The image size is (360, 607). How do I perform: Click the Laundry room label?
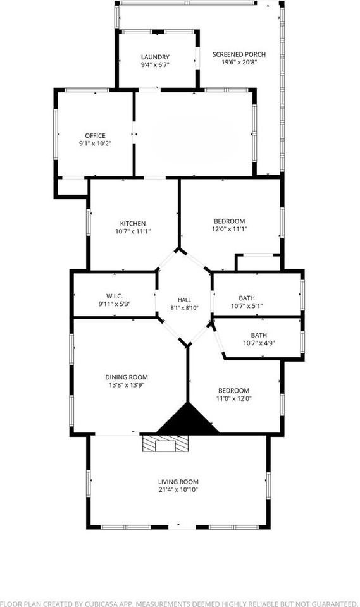point(155,57)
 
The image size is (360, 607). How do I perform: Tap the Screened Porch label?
point(239,54)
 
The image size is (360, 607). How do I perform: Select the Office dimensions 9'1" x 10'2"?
point(96,144)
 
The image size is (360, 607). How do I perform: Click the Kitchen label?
point(133,223)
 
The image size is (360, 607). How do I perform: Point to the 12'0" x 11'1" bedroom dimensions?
point(230,229)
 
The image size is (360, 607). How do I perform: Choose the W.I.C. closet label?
point(115,296)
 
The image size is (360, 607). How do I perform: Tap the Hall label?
point(185,300)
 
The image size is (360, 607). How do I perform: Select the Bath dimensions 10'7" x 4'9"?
point(259,343)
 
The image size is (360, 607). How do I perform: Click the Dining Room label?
point(127,377)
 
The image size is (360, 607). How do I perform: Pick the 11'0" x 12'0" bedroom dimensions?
point(233,398)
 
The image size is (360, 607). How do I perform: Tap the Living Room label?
point(178,482)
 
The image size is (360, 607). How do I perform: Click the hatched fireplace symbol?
point(166,443)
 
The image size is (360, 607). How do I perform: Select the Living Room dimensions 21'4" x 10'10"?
point(178,489)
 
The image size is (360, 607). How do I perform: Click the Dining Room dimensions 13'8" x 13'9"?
point(127,385)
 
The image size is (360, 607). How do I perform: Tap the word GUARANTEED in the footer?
point(330,603)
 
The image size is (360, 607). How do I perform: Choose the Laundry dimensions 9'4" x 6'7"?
point(155,64)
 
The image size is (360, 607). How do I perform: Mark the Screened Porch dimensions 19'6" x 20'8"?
point(239,63)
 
